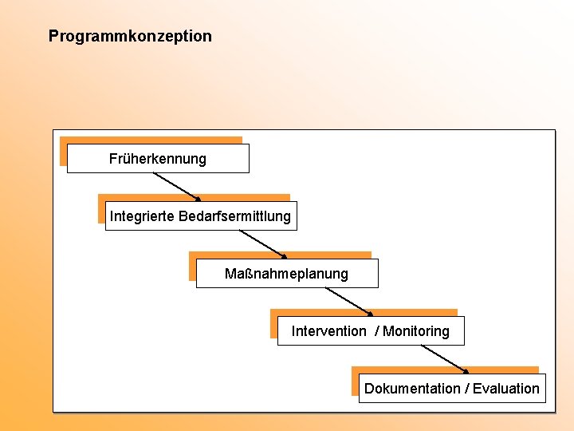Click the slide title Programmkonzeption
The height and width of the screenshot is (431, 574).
pyautogui.click(x=130, y=36)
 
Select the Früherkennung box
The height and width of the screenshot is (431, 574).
pyautogui.click(x=158, y=159)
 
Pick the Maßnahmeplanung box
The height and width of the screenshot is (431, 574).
pyautogui.click(x=286, y=274)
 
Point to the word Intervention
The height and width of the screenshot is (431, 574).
pyautogui.click(x=328, y=331)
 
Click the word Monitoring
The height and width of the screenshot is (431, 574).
pyautogui.click(x=416, y=331)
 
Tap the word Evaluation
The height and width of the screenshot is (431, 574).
pyautogui.click(x=506, y=389)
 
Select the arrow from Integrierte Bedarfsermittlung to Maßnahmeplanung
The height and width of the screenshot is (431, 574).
pyautogui.click(x=261, y=243)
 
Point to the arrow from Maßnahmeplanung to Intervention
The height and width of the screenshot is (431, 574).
pyautogui.click(x=348, y=301)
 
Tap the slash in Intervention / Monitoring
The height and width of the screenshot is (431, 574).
pyautogui.click(x=377, y=331)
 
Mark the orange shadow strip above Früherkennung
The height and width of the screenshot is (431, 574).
pyautogui.click(x=151, y=140)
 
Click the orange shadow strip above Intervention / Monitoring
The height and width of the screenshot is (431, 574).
pyautogui.click(x=363, y=313)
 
